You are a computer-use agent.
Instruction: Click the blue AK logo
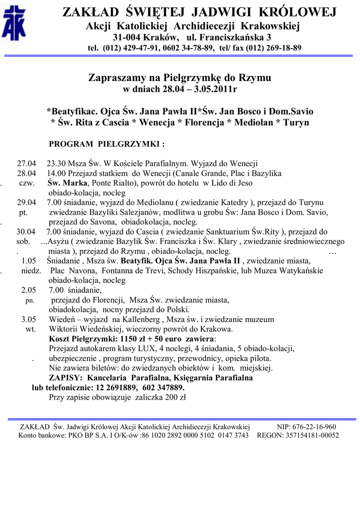14,25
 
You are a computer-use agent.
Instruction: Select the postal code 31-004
127,37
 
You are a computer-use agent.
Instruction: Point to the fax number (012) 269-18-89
270,48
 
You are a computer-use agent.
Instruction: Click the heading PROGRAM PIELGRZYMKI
106,144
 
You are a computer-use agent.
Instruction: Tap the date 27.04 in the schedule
27,164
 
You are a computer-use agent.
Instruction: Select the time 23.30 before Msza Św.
57,164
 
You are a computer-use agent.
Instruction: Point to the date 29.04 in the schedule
27,203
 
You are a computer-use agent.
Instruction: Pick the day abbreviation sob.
24,241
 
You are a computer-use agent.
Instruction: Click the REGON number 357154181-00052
308,435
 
